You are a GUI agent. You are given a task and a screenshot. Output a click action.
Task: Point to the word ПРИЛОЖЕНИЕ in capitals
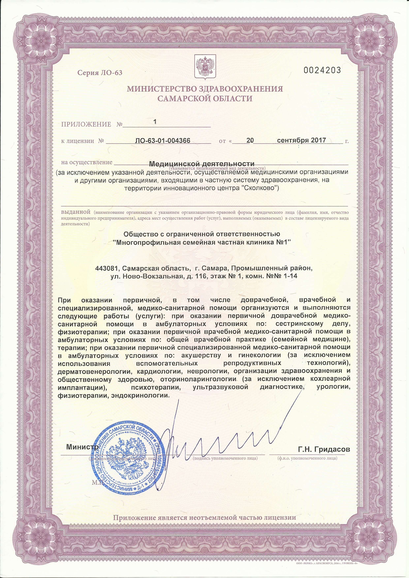[x=86, y=124]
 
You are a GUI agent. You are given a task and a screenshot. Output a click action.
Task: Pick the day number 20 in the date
[x=250, y=140]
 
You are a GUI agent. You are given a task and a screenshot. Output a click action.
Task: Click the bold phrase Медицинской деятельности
[x=202, y=164]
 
